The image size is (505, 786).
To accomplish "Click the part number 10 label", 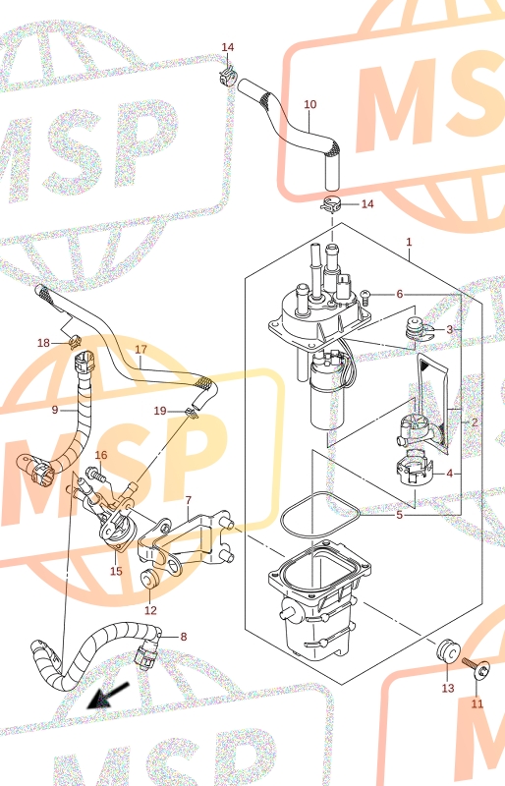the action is [310, 104].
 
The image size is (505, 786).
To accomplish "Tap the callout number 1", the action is [409, 242].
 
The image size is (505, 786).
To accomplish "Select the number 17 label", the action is [140, 349].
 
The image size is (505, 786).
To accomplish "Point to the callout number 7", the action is [188, 500].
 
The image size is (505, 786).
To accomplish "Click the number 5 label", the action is [399, 515].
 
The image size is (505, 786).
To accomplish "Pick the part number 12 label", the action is [150, 610].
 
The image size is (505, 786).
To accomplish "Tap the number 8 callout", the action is [184, 637].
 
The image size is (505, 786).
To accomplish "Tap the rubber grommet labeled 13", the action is [448, 650].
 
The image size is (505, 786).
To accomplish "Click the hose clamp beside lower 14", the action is [331, 204].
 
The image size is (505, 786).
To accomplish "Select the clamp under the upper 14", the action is [228, 75].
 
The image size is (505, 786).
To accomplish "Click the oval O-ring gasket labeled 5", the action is [319, 516].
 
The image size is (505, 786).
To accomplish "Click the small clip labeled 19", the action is [192, 412].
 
